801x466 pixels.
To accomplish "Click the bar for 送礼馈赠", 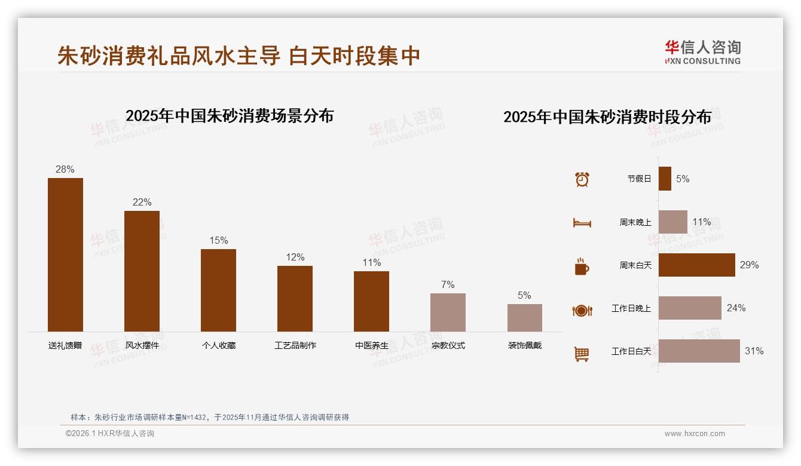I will coord(65,255).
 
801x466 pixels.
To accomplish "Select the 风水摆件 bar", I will coord(142,271).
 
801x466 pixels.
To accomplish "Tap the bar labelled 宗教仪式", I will coord(448,312).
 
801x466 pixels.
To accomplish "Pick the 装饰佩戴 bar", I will coord(524,318).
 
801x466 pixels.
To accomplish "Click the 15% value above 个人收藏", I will coord(218,241).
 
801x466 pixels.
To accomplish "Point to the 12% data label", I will coord(295,257).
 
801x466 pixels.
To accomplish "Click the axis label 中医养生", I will coord(371,345).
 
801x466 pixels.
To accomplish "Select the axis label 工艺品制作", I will coord(295,345).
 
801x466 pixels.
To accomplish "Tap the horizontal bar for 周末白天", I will coord(696,265).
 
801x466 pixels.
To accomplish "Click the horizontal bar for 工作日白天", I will coord(699,351).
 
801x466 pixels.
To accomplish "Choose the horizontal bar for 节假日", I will coord(665,179).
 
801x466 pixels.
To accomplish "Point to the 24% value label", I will coord(736,308).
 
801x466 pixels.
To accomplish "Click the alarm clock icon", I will coord(582,179).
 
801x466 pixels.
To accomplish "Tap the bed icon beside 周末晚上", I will coord(582,223).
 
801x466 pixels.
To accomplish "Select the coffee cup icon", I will coord(582,266).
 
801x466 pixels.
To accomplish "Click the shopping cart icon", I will coord(582,354).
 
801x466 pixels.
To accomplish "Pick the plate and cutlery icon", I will coord(582,311).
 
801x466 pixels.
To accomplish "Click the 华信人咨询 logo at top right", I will coord(702,53).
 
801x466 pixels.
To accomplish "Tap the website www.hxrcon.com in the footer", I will coord(695,434).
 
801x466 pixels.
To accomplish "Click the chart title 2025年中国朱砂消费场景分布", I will coord(230,116).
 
